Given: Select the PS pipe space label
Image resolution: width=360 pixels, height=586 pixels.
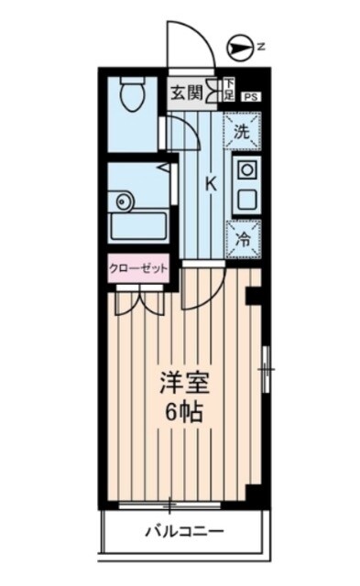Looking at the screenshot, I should point(250,95).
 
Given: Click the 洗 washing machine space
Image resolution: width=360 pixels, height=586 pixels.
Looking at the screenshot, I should point(242,130).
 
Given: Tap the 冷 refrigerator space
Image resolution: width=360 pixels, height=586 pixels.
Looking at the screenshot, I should point(243,238).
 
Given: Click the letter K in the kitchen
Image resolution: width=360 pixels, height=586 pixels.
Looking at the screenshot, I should point(210,183).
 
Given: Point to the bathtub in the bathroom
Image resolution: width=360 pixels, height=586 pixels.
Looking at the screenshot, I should point(136,225).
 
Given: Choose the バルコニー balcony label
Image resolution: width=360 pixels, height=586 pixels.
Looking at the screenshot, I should point(184,531).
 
